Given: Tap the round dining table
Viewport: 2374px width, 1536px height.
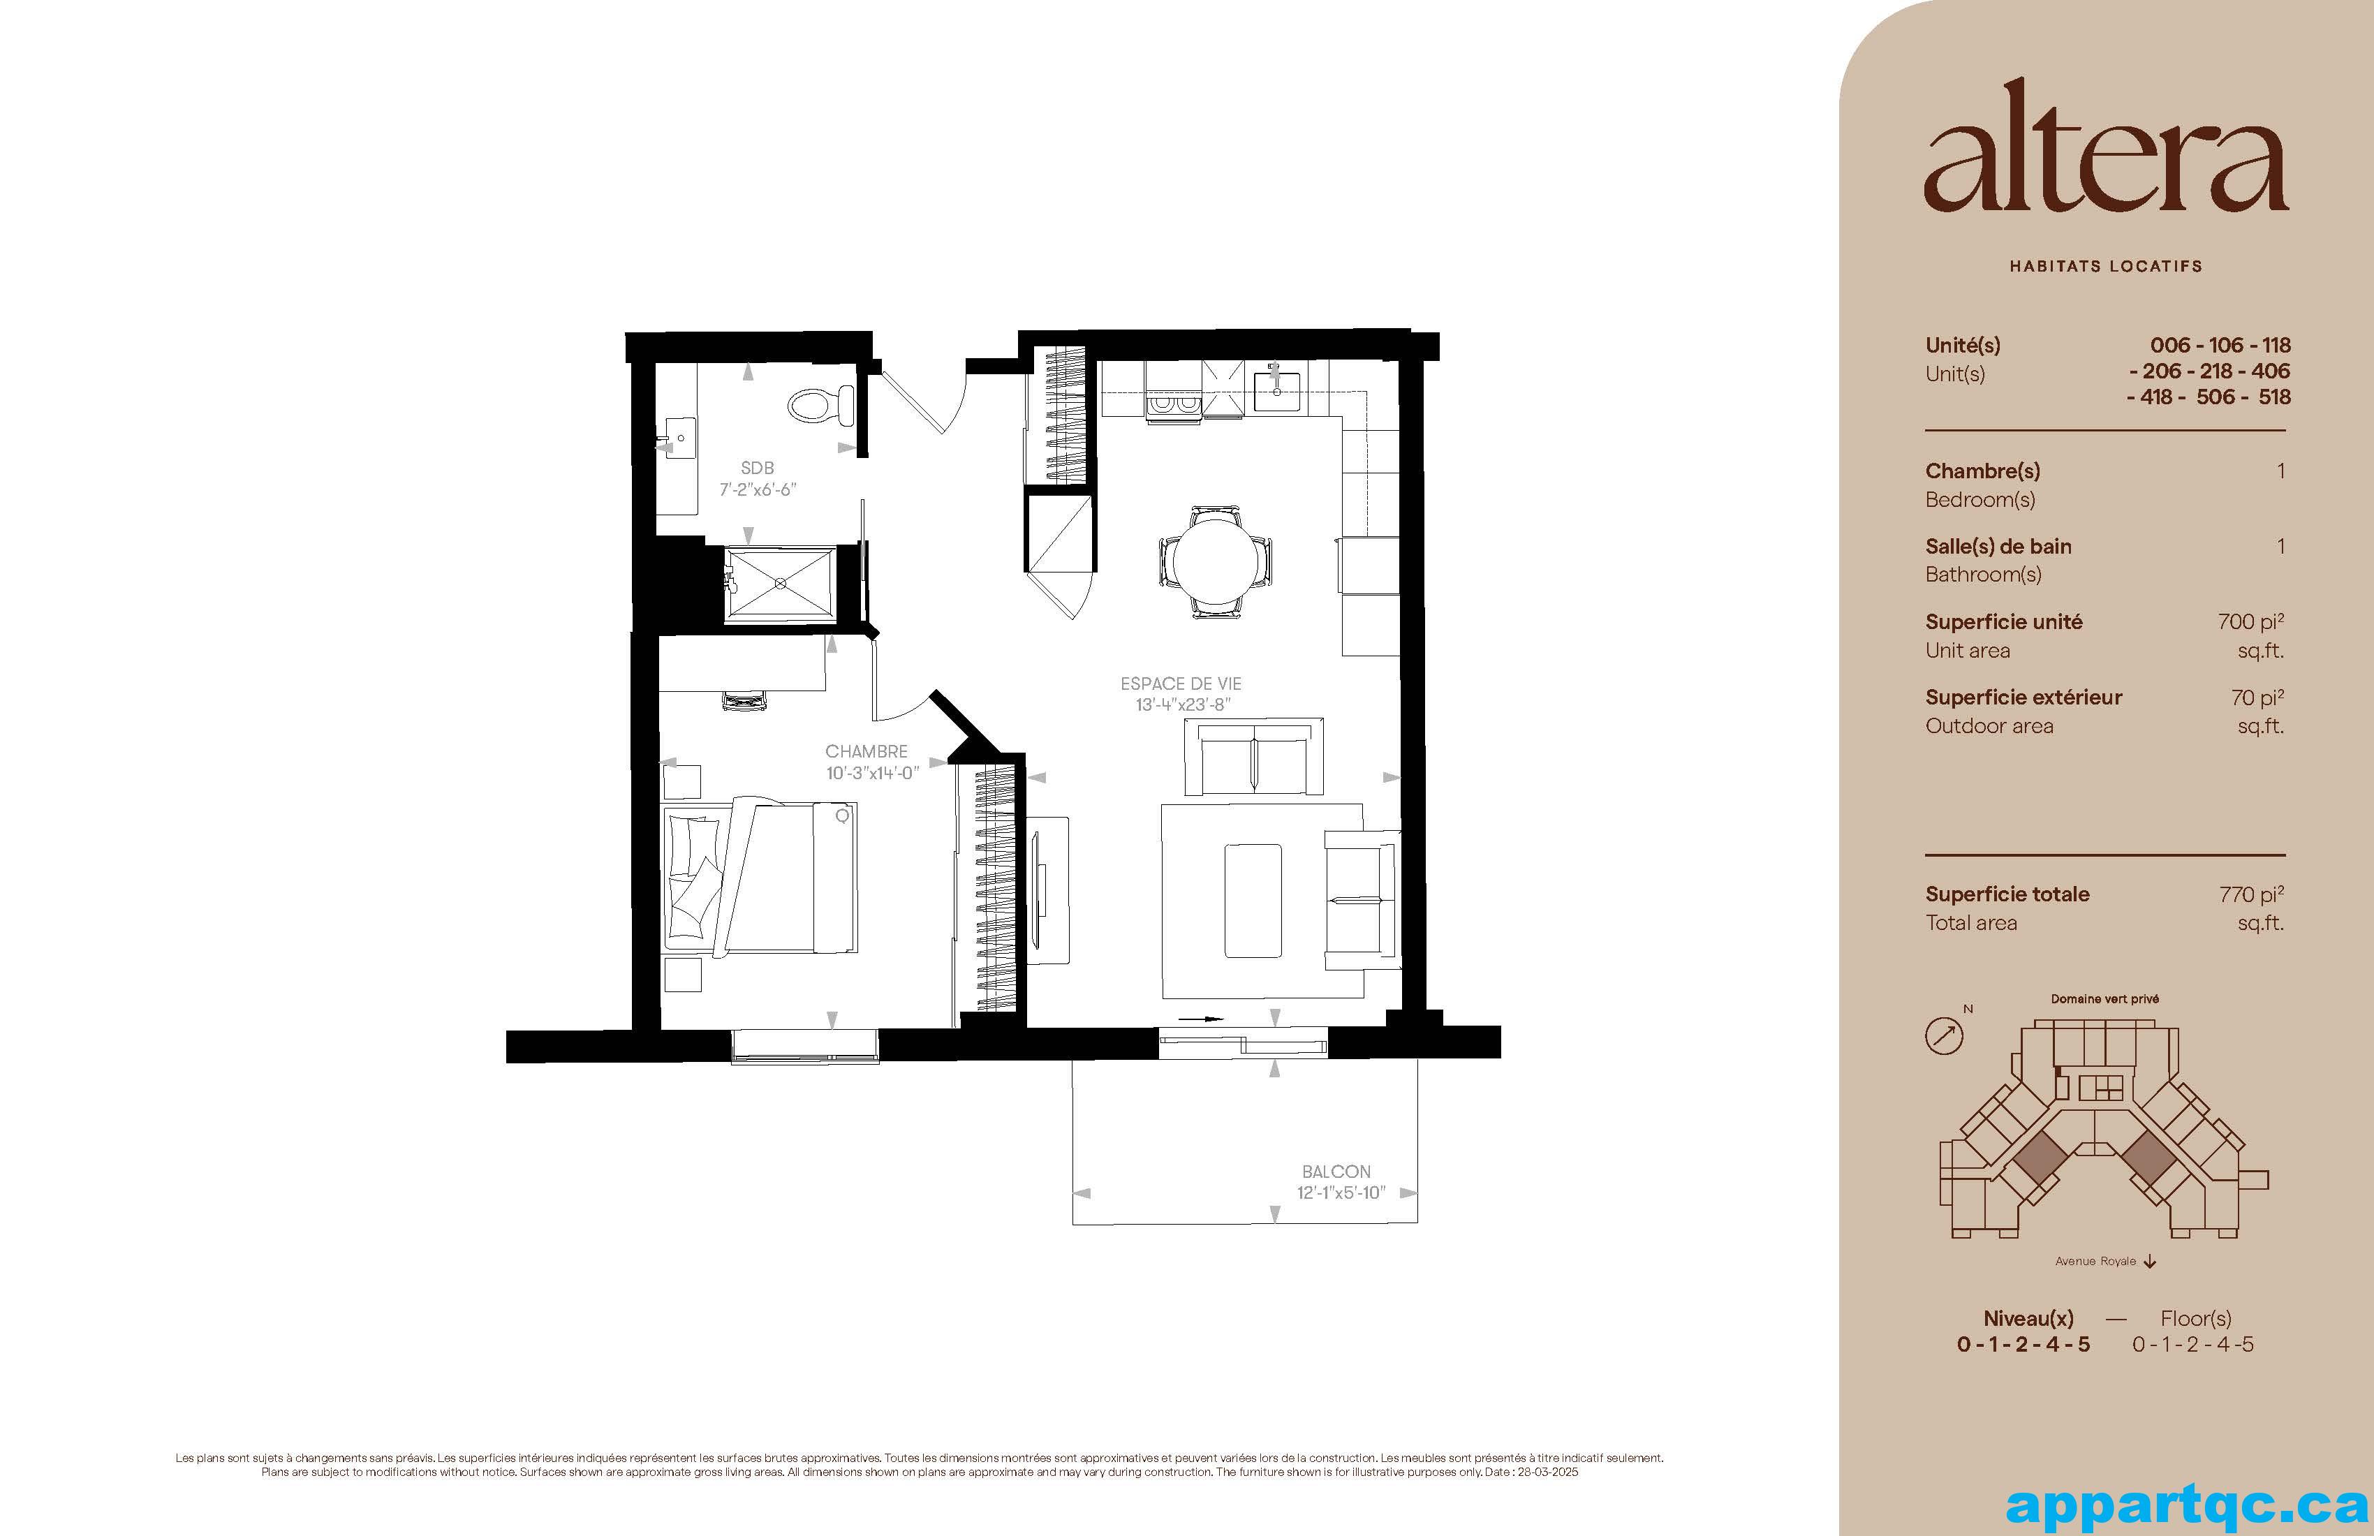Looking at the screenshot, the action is point(1215,561).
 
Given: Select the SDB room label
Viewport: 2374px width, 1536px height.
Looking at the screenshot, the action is point(757,468).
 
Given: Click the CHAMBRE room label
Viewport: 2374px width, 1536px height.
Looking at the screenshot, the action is point(866,751).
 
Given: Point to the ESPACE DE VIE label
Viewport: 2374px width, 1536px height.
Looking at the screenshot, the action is point(1181,684).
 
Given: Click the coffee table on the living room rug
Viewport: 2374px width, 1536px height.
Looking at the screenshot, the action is point(1253,900).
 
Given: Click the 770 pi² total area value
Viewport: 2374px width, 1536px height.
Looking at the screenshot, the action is point(2251,894).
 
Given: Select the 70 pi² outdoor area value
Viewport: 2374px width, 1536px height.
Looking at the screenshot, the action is point(2257,697).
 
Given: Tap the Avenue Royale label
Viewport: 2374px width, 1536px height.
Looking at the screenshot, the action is point(2095,1261).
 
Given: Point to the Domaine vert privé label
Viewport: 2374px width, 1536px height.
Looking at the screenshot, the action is point(2104,998).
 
